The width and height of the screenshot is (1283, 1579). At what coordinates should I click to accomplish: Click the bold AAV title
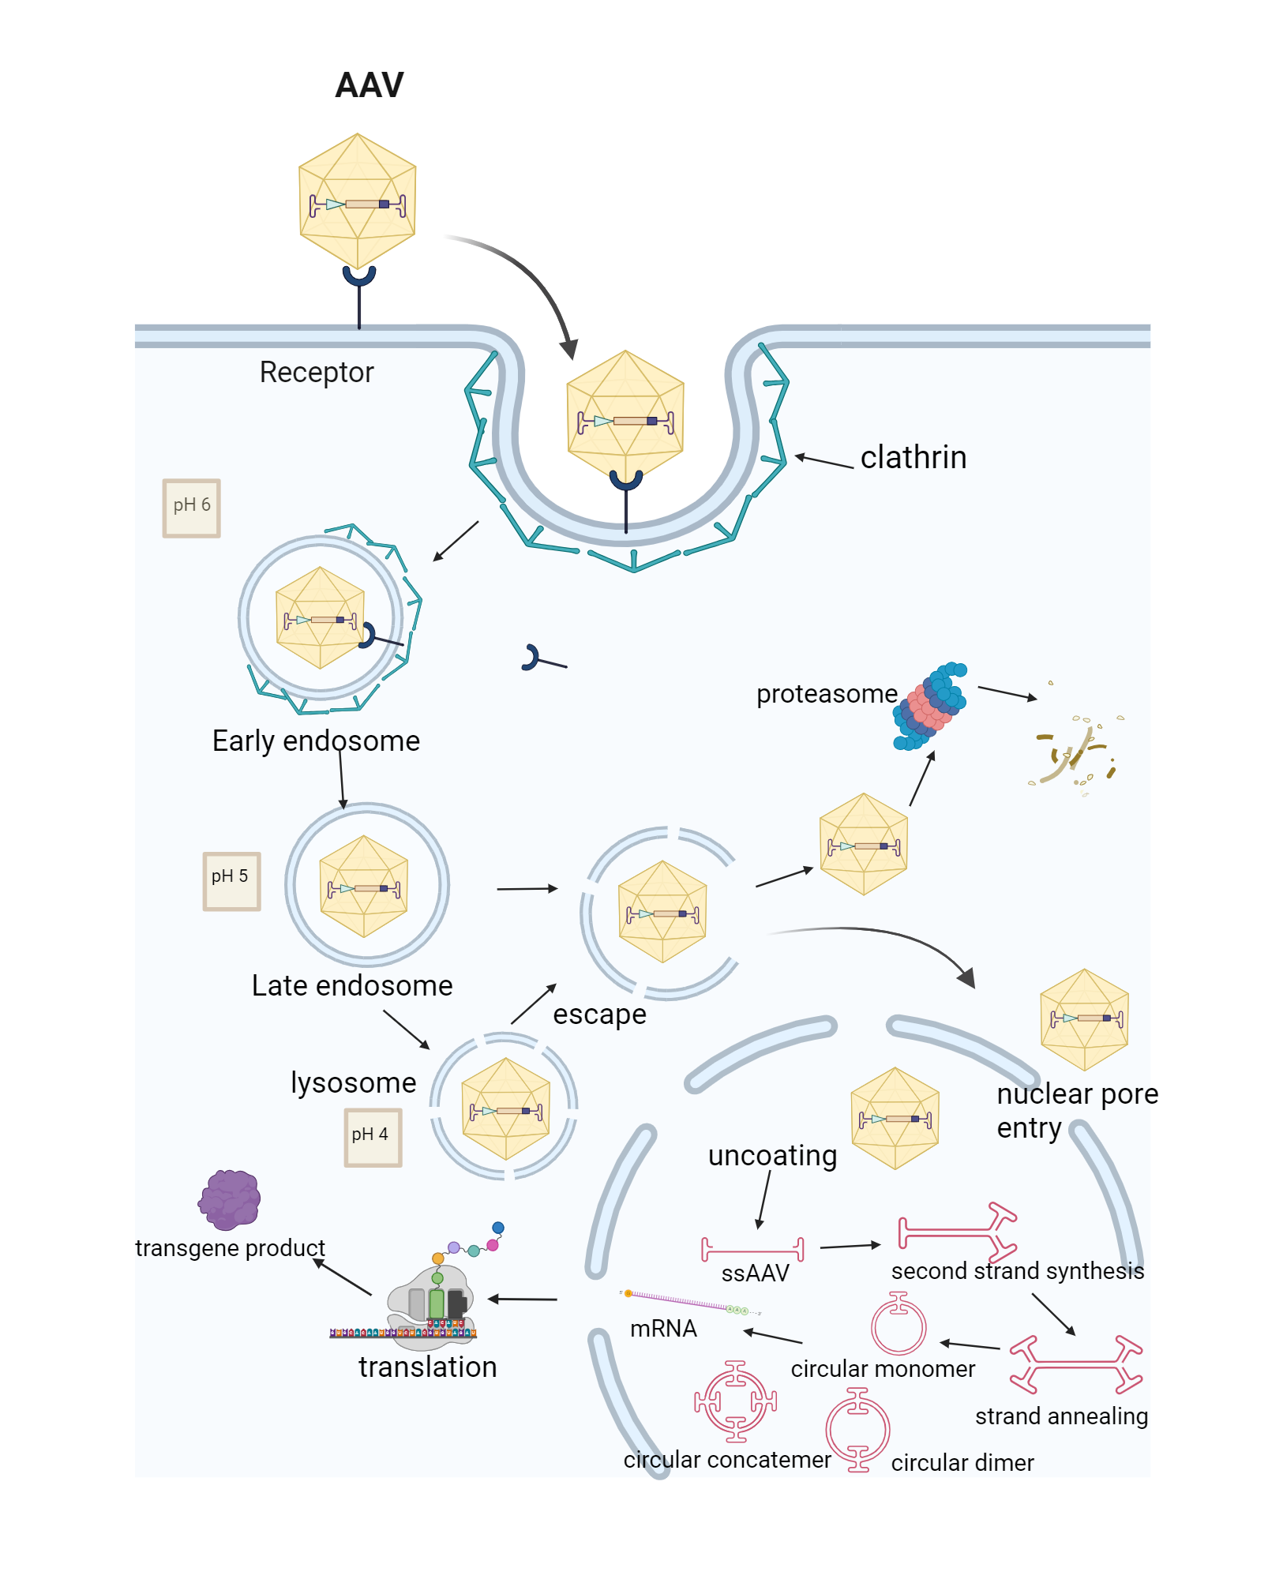[369, 85]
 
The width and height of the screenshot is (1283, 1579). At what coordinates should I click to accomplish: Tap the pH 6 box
[191, 508]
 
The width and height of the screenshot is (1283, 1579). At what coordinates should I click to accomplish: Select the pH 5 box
[231, 881]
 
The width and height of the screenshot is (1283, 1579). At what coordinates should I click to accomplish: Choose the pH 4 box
[373, 1137]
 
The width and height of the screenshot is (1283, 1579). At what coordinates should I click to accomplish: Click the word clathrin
[913, 458]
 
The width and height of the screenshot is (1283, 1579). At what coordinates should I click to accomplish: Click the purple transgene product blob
[229, 1200]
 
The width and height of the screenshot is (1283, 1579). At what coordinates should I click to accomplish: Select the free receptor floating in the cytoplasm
[542, 659]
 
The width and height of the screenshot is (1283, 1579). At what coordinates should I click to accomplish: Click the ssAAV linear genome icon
[752, 1250]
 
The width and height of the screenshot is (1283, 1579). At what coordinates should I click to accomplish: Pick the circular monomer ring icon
[898, 1325]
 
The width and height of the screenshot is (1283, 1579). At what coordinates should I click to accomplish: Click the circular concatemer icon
[735, 1401]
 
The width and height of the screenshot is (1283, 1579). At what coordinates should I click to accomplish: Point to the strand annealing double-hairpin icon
[1075, 1363]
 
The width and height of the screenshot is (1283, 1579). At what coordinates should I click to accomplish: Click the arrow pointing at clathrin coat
[823, 461]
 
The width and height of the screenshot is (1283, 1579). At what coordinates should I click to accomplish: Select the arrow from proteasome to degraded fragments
[1007, 693]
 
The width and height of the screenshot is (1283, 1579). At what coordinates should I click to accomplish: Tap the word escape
[599, 1015]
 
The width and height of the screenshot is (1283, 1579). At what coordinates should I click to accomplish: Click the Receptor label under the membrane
[316, 373]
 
